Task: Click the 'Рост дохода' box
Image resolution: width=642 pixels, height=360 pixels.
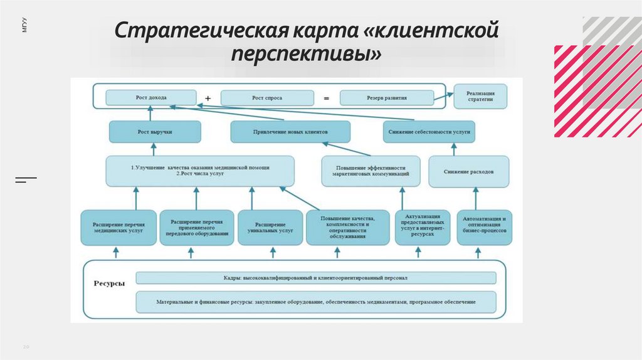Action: [150, 97]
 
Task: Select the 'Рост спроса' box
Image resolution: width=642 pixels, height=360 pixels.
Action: [266, 98]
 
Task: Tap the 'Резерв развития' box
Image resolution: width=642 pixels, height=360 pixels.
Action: [386, 98]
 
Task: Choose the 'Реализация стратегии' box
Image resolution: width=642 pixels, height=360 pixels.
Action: [480, 96]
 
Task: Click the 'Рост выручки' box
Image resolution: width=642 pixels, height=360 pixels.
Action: [155, 132]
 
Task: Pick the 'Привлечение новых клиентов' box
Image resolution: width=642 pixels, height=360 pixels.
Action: [290, 132]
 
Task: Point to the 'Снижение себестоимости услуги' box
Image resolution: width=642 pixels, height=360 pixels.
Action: [429, 132]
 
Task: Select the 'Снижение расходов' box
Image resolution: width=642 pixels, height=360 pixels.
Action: [468, 171]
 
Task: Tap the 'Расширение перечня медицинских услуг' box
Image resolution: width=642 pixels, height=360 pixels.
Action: [118, 227]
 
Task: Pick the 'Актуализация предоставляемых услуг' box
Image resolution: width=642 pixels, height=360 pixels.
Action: [422, 226]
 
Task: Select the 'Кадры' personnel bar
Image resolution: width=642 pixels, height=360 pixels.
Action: [316, 277]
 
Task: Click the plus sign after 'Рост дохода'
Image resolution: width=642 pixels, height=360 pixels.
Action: [208, 98]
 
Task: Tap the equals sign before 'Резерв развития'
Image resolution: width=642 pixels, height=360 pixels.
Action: [326, 98]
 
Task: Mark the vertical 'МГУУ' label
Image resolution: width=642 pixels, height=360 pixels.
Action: [24, 26]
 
